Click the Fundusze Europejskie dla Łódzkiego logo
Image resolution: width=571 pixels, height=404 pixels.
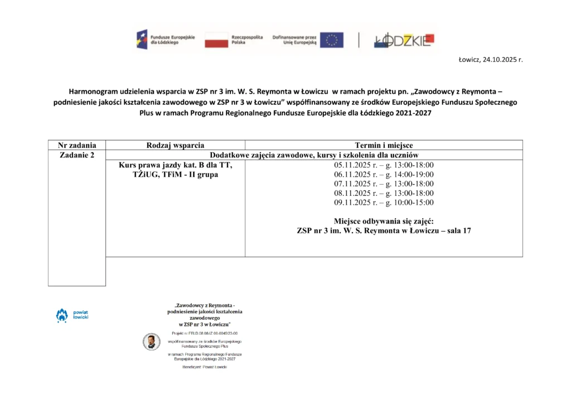166,40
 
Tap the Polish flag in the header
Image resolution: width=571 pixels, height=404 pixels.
216,40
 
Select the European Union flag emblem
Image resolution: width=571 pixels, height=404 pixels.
331,40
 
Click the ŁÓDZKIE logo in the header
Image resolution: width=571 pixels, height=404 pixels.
403,40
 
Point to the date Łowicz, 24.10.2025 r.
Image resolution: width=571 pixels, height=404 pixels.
490,59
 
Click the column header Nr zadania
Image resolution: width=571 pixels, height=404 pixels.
77,145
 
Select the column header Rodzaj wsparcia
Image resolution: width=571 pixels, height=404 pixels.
175,145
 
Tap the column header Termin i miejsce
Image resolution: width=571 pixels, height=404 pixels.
384,145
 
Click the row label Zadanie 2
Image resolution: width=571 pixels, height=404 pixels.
77,155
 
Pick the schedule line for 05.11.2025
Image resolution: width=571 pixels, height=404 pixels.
384,165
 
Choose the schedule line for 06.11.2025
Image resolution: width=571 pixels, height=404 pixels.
384,175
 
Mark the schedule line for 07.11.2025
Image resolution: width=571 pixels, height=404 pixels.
384,184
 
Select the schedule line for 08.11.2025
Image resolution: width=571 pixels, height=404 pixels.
384,193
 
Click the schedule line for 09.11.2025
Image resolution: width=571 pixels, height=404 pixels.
384,203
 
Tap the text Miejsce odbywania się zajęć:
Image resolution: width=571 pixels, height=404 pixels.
384,221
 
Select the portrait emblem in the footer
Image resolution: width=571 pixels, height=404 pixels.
151,342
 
